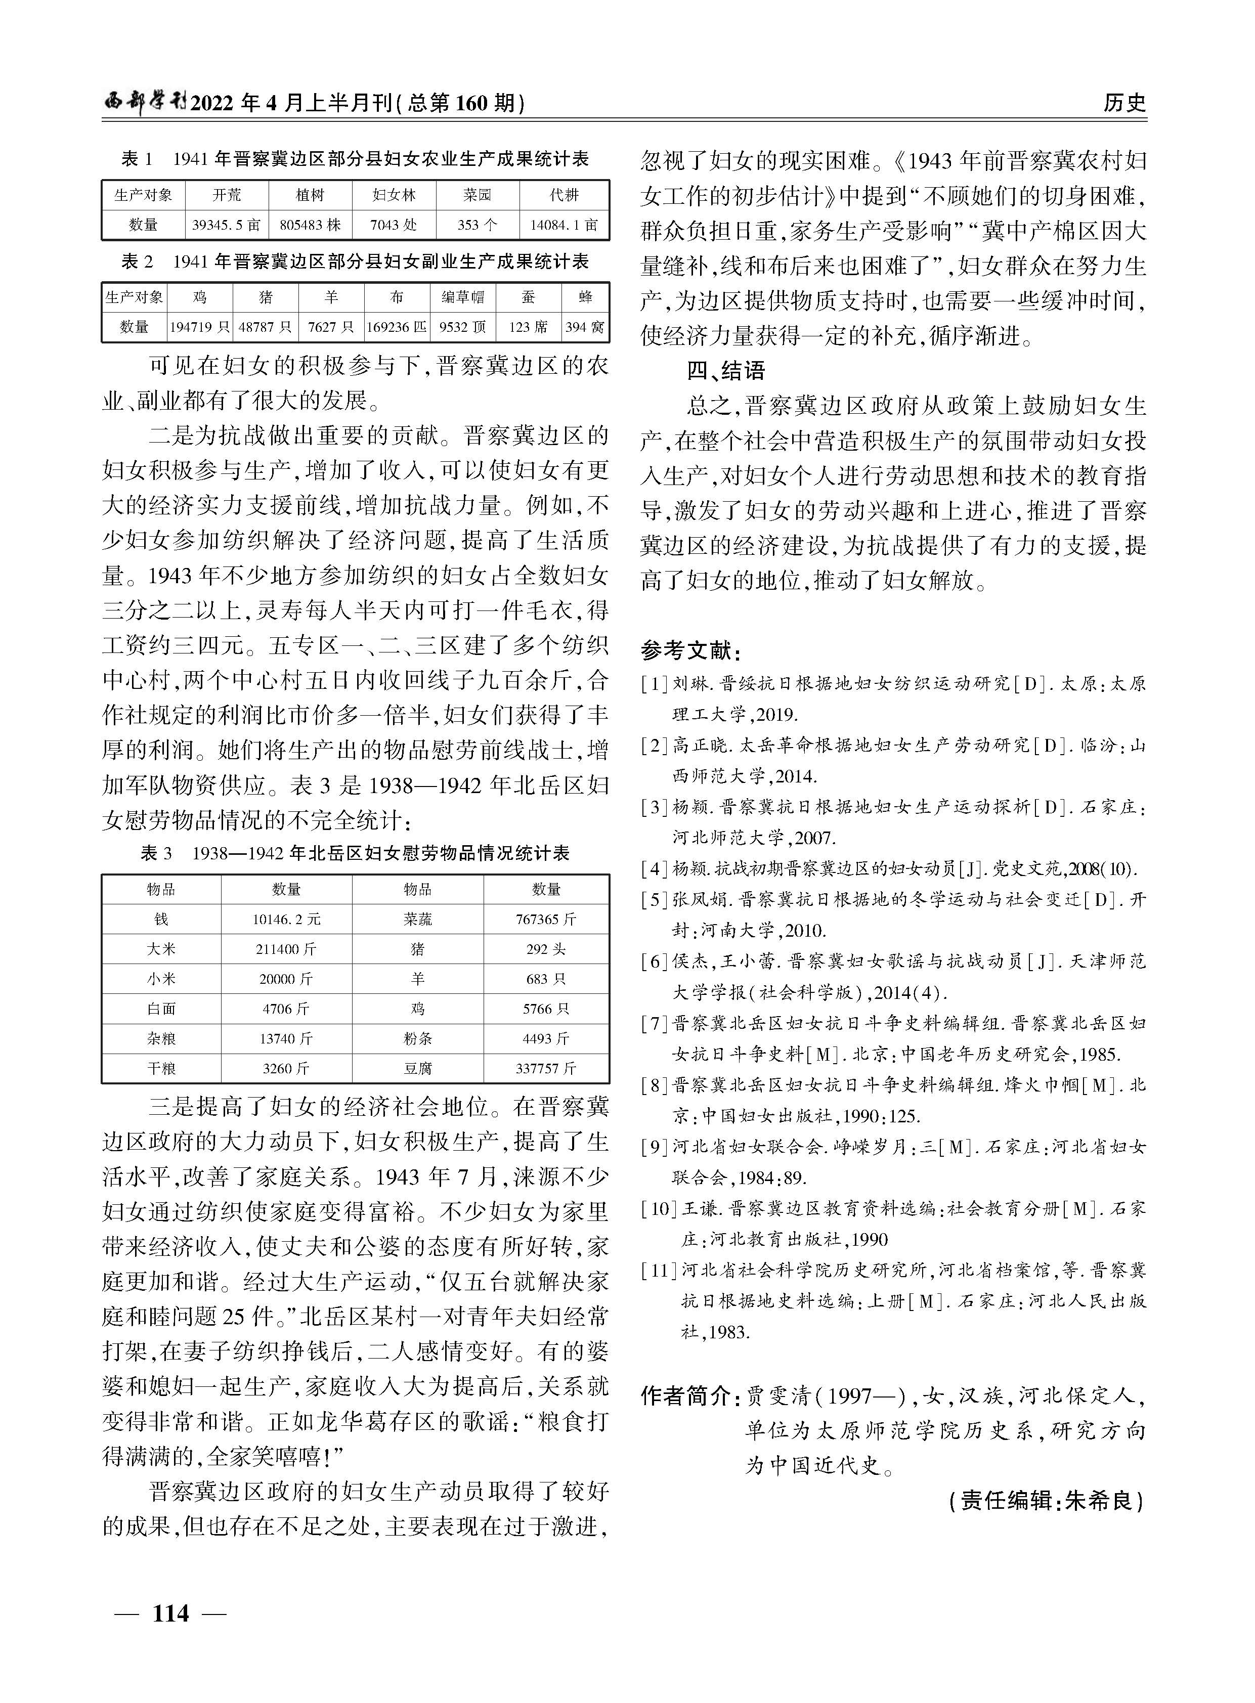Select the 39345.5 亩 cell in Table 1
click(x=227, y=225)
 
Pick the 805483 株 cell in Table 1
click(x=310, y=225)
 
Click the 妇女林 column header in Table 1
click(x=394, y=195)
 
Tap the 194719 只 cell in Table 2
click(x=200, y=327)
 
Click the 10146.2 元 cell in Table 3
click(x=286, y=919)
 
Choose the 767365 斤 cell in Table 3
click(x=546, y=919)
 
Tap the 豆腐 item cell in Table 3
click(x=418, y=1069)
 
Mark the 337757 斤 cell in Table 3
click(x=546, y=1069)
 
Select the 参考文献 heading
click(x=689, y=651)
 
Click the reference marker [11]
click(x=659, y=1270)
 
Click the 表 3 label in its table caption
click(x=156, y=854)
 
